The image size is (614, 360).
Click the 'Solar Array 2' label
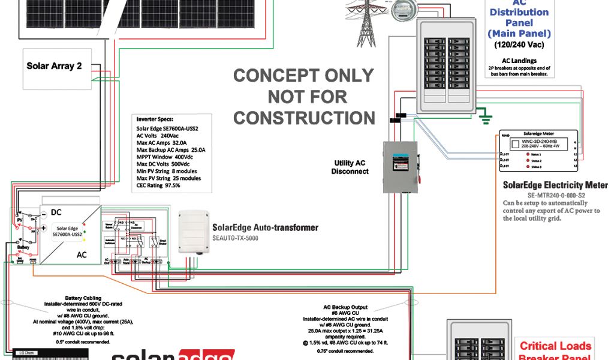pos(54,66)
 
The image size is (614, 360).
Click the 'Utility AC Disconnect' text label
pos(350,167)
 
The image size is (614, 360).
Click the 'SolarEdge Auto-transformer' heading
pos(265,228)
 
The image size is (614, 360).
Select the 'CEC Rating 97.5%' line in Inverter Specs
pos(158,185)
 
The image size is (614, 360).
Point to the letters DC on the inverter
pos(55,212)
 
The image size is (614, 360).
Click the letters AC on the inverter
pos(81,255)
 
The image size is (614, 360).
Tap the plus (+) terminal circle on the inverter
pos(43,229)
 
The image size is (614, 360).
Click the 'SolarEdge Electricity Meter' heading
pos(555,185)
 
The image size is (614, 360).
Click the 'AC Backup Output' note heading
pos(345,307)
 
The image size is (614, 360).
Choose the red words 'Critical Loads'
pos(555,346)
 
